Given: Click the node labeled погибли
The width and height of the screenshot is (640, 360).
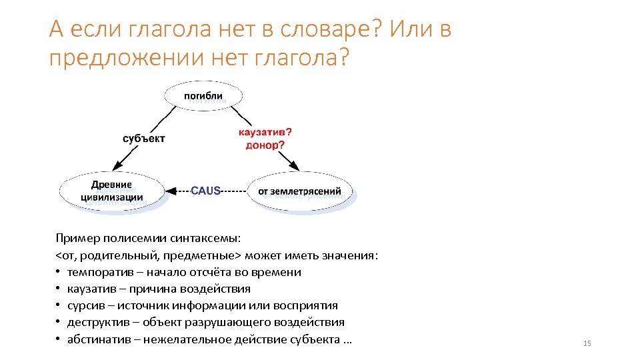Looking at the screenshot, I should pyautogui.click(x=203, y=96).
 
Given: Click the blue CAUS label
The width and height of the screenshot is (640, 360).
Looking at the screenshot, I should pyautogui.click(x=205, y=191).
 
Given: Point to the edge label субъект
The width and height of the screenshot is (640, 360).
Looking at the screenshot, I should pyautogui.click(x=143, y=139).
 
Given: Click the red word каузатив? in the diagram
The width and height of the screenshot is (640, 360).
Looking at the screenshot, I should pyautogui.click(x=265, y=132).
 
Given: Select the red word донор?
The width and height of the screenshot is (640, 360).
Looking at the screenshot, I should pyautogui.click(x=265, y=145).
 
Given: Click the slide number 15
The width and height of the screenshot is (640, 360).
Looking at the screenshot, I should pyautogui.click(x=587, y=343).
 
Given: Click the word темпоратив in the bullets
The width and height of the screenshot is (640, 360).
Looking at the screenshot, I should pyautogui.click(x=95, y=272).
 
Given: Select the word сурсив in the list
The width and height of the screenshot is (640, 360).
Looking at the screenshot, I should pyautogui.click(x=84, y=305).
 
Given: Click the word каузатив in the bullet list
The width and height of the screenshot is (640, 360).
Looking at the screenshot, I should pyautogui.click(x=90, y=289).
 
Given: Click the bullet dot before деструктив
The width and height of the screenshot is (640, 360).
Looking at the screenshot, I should pyautogui.click(x=59, y=323).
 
